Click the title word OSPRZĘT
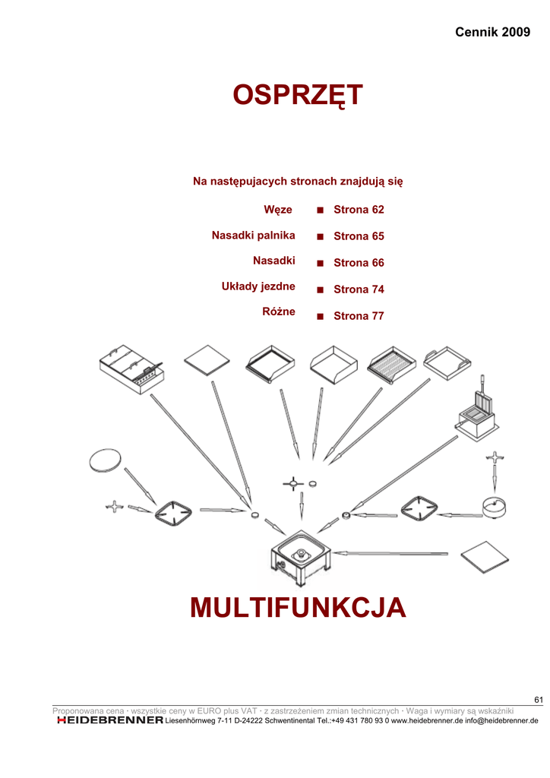tap(298, 96)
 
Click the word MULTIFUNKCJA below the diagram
tap(298, 608)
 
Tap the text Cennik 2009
tap(492, 32)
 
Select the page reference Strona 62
tap(359, 209)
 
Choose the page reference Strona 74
tap(359, 289)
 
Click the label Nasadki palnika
tap(253, 236)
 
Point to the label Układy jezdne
tap(258, 286)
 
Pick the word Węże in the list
tap(278, 209)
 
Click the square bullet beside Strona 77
tap(321, 316)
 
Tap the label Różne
tap(279, 312)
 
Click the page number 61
tap(539, 700)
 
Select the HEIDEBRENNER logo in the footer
tap(110, 719)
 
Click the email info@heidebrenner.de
tap(501, 720)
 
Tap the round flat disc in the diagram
tap(105, 460)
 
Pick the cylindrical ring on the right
tap(497, 507)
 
